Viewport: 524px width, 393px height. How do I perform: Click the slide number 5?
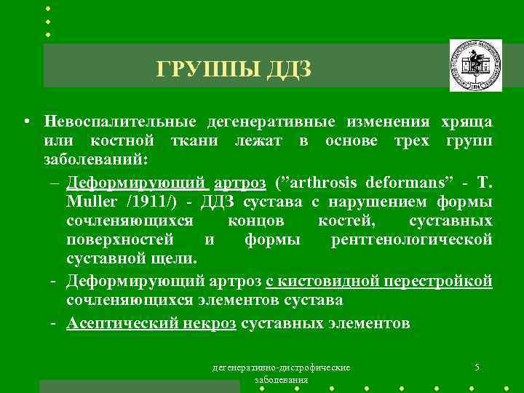click(476, 367)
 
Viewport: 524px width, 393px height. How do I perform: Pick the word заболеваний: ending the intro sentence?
click(95, 159)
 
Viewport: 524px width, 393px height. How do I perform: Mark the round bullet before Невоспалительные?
click(26, 121)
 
